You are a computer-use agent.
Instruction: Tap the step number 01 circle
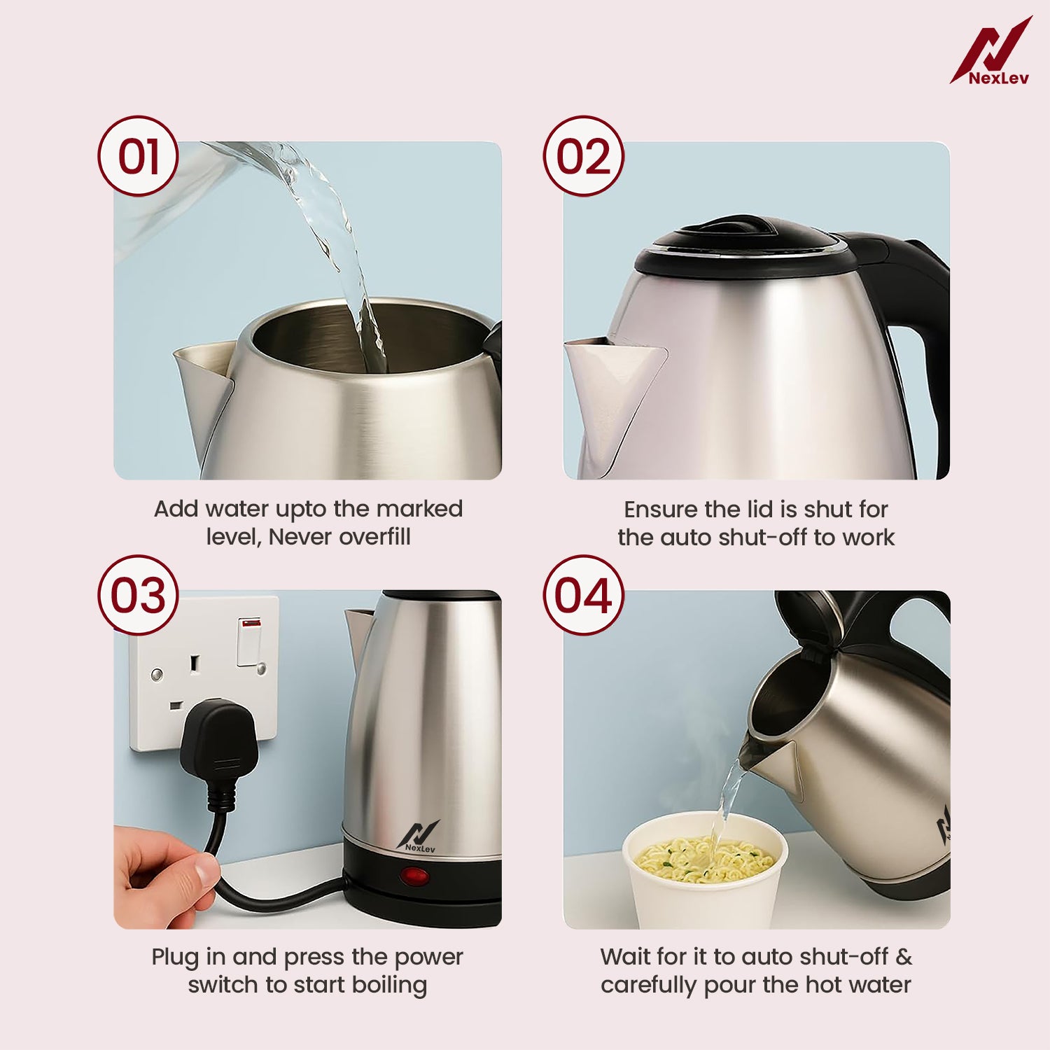click(x=138, y=156)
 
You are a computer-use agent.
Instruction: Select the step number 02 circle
click(x=583, y=156)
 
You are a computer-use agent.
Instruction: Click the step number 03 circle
click(x=138, y=596)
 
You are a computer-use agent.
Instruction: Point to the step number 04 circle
click(x=583, y=596)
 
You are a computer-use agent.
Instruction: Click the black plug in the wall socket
click(x=218, y=735)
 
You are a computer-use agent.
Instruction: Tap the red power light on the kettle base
click(x=415, y=875)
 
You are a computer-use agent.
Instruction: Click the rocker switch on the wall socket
click(x=249, y=640)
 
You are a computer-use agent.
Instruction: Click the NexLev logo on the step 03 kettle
click(x=419, y=836)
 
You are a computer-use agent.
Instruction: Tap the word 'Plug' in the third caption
click(x=174, y=958)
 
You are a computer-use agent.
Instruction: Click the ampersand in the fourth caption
click(x=904, y=956)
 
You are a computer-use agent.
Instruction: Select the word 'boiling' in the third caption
click(x=389, y=985)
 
